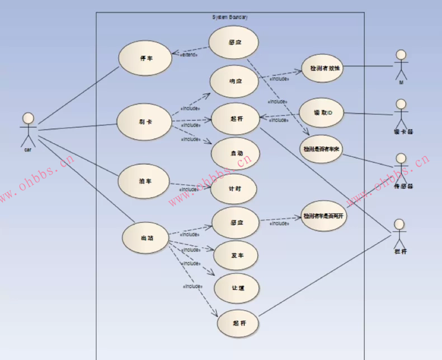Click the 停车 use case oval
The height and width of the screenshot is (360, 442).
[x=145, y=58]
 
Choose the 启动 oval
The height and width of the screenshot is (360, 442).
[x=236, y=153]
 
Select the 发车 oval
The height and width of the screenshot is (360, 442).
[x=236, y=255]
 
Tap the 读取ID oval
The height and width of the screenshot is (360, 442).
[x=321, y=113]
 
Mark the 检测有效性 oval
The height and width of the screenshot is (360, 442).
[x=322, y=69]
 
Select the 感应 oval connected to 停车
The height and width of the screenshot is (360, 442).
[x=234, y=42]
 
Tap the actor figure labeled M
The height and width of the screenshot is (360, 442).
[x=401, y=66]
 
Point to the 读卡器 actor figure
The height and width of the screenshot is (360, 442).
[x=401, y=115]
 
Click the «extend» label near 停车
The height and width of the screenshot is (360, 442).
[x=188, y=55]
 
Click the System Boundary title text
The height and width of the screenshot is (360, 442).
[x=230, y=17]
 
